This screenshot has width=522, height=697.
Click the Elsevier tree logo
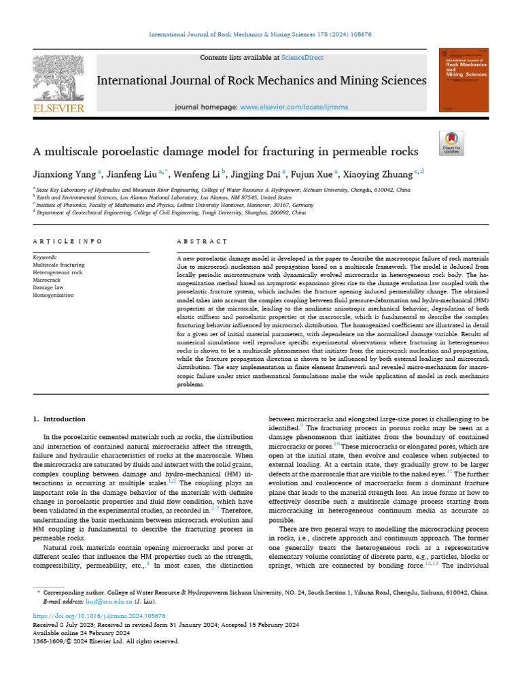(x=58, y=77)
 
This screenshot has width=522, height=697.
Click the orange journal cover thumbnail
(x=464, y=80)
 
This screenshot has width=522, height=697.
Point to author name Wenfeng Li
(x=196, y=174)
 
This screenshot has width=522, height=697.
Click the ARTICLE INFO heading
(x=67, y=241)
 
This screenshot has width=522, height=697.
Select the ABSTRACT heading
(x=201, y=241)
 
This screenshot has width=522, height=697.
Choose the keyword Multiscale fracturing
(x=58, y=265)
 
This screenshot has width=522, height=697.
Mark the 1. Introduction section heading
(x=59, y=419)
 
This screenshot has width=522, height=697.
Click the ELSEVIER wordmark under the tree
(x=58, y=108)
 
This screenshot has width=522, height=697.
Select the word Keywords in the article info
(x=45, y=257)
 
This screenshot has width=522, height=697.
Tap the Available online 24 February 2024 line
(x=77, y=633)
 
